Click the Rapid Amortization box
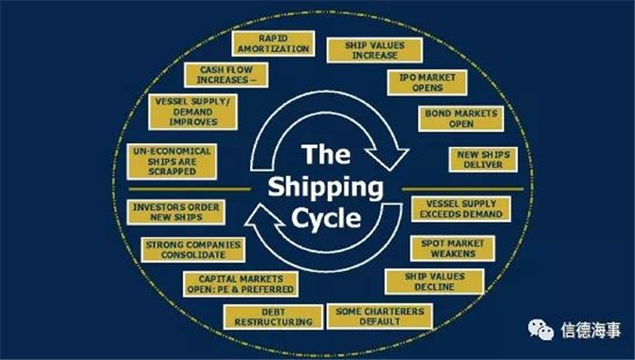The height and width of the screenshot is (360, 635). pos(273,44)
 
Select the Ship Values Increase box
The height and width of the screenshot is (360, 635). pos(374,50)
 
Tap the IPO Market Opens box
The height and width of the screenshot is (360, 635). pos(427,82)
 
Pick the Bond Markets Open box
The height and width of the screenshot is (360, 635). pos(462,118)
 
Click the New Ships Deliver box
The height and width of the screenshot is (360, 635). pos(483,159)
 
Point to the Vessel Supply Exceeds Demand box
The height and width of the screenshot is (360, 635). pos(461,209)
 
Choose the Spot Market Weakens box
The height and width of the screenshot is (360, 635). pos(453,248)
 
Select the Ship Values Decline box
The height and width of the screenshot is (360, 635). pos(434,281)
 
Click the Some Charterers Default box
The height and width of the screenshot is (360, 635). pos(380,316)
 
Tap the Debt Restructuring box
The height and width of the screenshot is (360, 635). pos(273,317)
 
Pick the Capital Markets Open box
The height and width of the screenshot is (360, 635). pos(241,284)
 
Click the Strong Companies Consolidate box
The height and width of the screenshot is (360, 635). pos(193,250)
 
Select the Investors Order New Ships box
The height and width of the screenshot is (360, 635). pos(176,212)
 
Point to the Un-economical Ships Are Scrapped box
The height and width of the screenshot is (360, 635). pos(172,162)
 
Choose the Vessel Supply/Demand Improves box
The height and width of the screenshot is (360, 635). pos(192,112)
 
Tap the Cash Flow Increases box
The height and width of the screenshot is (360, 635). pos(226,75)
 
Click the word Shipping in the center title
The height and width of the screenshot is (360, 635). pos(326,188)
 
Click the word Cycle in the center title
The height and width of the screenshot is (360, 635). pos(326,219)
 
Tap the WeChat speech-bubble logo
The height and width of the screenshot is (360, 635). pos(540,330)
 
